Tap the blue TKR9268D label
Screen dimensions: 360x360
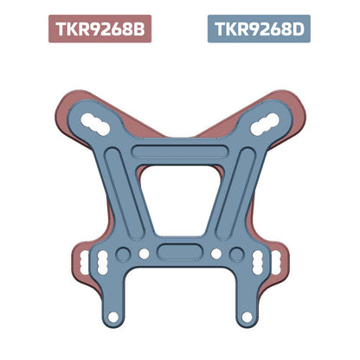pos(260,29)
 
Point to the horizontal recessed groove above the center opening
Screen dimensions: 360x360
pos(180,153)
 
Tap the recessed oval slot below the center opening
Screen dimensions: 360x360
pos(180,254)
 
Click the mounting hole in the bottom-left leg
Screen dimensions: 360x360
pos(112,315)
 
